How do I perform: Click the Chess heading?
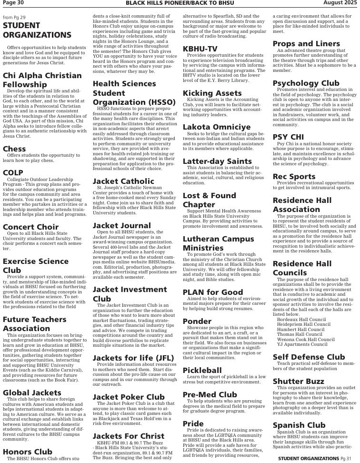click(14, 149)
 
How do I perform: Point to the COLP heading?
click(13, 172)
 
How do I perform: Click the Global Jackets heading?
click(32, 392)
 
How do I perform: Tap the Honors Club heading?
click(28, 452)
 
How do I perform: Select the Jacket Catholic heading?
click(123, 181)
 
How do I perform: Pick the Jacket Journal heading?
click(121, 225)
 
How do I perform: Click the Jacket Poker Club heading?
click(129, 397)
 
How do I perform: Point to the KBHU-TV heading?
click(200, 49)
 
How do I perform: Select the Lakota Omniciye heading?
click(217, 127)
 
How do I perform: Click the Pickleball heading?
click(202, 370)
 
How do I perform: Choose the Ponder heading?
click(197, 321)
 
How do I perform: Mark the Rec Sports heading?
click(294, 176)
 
